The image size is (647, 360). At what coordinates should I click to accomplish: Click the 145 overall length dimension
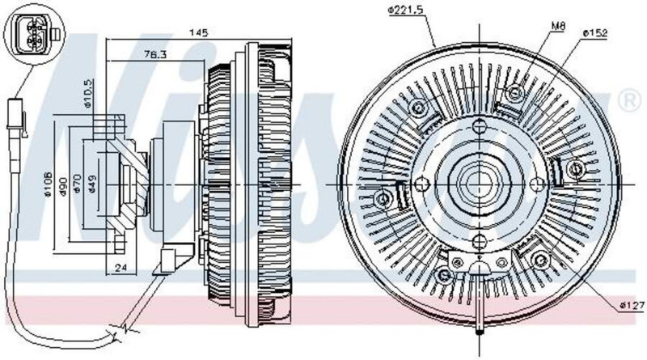(x=198, y=32)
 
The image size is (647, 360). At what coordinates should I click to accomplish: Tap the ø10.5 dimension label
(x=89, y=93)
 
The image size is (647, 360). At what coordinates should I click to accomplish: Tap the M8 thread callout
(x=558, y=26)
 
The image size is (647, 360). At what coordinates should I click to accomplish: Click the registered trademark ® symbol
(x=627, y=101)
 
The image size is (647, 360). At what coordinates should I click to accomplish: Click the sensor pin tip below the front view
(x=480, y=328)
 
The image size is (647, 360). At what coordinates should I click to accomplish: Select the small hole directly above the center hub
(x=480, y=125)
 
